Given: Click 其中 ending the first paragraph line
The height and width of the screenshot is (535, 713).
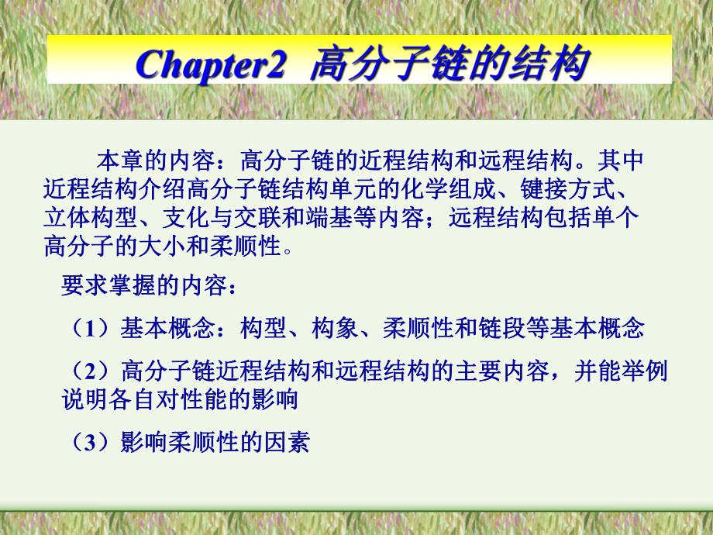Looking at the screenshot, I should [622, 161].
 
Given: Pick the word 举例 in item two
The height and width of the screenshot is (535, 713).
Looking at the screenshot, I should [647, 371].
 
